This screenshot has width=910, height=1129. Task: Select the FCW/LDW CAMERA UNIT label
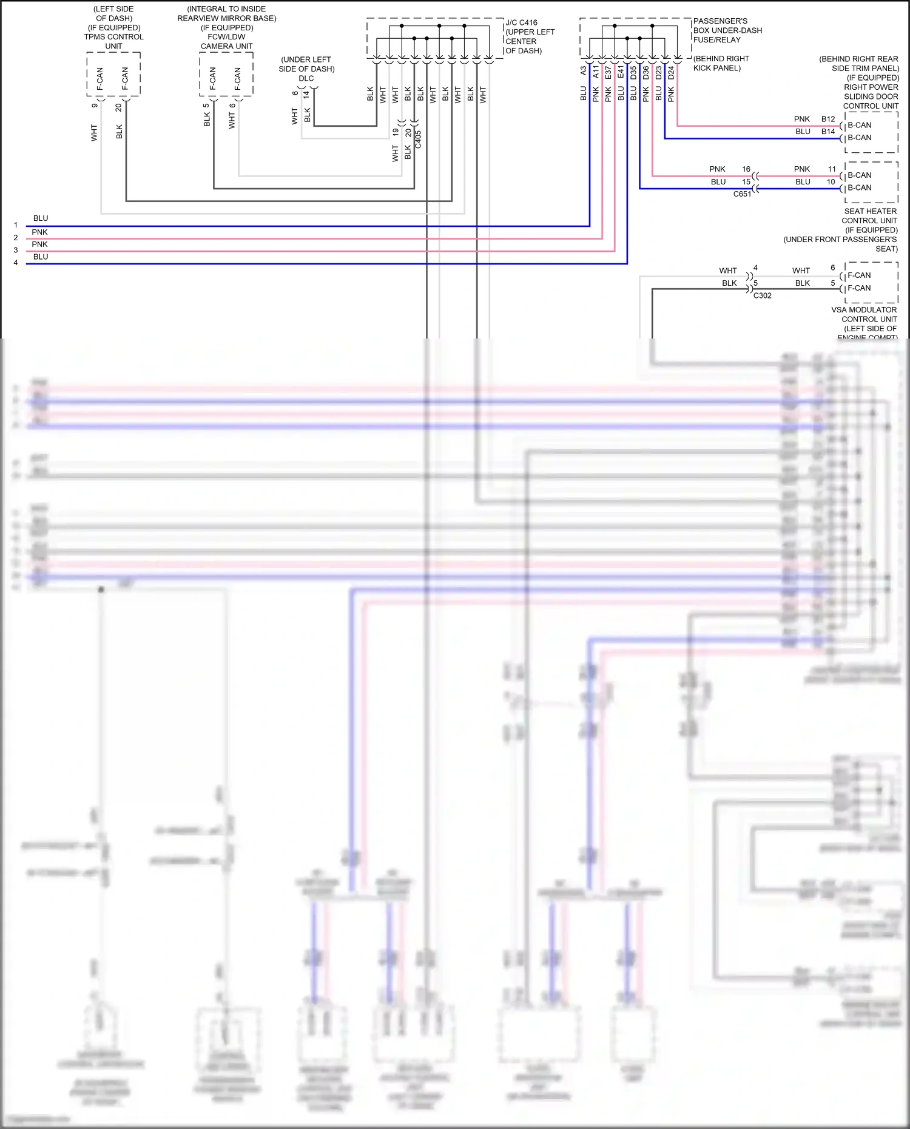click(226, 41)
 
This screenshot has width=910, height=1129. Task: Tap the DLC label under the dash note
click(306, 78)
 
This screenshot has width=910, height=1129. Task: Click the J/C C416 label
click(521, 22)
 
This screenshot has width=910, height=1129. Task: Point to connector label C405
click(418, 140)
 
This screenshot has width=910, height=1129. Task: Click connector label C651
click(742, 194)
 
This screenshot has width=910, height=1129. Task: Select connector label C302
click(763, 295)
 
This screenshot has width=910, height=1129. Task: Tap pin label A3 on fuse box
click(584, 71)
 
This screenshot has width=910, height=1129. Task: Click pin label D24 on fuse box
click(671, 73)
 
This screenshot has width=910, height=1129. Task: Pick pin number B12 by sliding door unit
click(828, 119)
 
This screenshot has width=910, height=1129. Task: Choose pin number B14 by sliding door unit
click(828, 131)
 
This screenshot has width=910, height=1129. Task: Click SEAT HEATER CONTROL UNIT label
click(870, 216)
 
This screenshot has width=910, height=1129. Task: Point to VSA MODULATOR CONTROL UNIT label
click(864, 314)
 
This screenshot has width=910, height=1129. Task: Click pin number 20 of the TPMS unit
click(119, 107)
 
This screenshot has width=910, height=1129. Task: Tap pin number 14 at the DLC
click(307, 94)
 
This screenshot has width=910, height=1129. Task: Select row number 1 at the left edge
click(16, 225)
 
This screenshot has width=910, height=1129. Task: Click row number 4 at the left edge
click(16, 263)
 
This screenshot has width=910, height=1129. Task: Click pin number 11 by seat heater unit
click(832, 169)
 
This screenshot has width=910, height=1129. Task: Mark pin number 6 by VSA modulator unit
click(832, 268)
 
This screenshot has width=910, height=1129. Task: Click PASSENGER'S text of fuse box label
click(720, 21)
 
